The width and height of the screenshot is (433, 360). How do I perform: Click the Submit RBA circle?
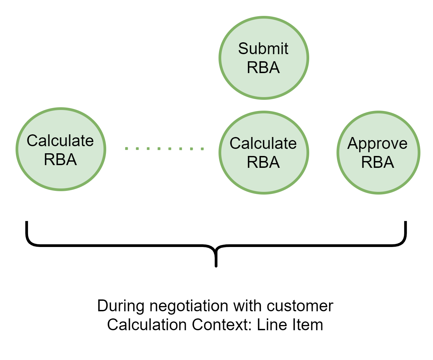pyautogui.click(x=264, y=58)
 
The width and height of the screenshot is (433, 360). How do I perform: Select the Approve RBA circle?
pyautogui.click(x=378, y=152)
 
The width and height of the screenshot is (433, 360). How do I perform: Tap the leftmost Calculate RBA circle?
pyautogui.click(x=61, y=149)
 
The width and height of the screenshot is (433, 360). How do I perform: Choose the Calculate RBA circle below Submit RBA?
pyautogui.click(x=264, y=152)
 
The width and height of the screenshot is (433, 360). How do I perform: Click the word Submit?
pyautogui.click(x=263, y=48)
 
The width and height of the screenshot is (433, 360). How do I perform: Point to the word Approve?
pyautogui.click(x=377, y=144)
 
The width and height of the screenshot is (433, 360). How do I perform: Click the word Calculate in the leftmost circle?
pyautogui.click(x=60, y=140)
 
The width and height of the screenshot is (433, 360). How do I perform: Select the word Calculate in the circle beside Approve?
pyautogui.click(x=263, y=143)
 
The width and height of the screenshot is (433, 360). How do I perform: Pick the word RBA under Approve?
pyautogui.click(x=378, y=162)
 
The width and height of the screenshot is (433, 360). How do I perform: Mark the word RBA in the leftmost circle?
pyautogui.click(x=60, y=159)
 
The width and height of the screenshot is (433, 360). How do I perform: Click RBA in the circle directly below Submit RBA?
pyautogui.click(x=263, y=162)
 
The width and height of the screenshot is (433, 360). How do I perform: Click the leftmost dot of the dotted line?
pyautogui.click(x=127, y=149)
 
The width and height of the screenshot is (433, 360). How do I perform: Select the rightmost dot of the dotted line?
pyautogui.click(x=202, y=149)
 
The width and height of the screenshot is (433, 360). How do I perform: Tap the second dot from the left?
pyautogui.click(x=137, y=149)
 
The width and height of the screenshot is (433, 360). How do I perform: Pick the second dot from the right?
pyautogui.click(x=191, y=149)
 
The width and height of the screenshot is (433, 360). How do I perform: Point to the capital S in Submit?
pyautogui.click(x=243, y=48)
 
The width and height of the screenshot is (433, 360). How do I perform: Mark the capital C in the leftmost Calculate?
pyautogui.click(x=32, y=140)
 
